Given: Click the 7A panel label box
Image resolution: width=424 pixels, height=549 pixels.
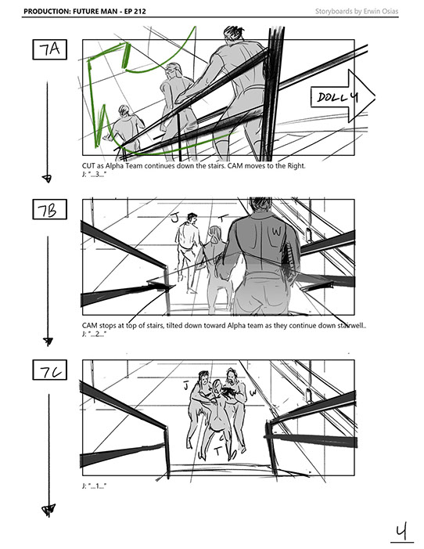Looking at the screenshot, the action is pos(50,49).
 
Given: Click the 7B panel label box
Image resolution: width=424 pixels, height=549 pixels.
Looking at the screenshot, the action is pos(50,209).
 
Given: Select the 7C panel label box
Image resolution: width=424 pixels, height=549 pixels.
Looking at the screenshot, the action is pos(50,370).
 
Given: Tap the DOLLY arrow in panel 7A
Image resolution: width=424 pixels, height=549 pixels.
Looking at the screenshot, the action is pos(343,96).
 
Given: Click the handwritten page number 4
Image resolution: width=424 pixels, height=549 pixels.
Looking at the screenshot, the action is pos(401,533).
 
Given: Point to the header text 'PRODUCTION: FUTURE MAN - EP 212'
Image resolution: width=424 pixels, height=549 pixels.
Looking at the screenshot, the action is pos(84,11).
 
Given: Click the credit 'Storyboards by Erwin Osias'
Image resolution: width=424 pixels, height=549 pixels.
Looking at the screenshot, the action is pos(357,11).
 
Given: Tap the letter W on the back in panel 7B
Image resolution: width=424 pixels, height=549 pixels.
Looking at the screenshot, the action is pos(277,231).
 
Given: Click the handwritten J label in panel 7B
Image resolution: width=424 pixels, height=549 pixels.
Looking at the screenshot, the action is pos(175,218).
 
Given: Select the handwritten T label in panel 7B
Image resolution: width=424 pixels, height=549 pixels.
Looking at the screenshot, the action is pos(223,219).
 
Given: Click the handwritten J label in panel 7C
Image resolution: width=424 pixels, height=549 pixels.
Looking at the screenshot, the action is pos(186,386).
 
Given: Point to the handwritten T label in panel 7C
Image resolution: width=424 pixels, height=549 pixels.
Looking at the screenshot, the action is pos(218,451).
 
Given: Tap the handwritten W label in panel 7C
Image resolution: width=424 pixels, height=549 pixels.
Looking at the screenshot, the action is pos(253,393).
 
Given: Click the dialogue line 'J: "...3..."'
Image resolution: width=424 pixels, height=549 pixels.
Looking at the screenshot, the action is pos(94,174).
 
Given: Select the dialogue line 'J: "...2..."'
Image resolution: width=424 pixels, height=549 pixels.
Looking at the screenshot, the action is pos(94,334).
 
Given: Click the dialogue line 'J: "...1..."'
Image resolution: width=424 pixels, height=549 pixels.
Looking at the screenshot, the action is pos(94,486).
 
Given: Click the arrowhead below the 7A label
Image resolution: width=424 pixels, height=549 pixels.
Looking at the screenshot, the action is pos(47,179).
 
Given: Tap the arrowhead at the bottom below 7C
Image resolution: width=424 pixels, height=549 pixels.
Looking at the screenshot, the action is pos(49,510).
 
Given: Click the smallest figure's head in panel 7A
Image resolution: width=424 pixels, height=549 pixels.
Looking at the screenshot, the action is pos(124,110).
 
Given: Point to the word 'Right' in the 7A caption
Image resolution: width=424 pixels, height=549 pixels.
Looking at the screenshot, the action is pos(296,166).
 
